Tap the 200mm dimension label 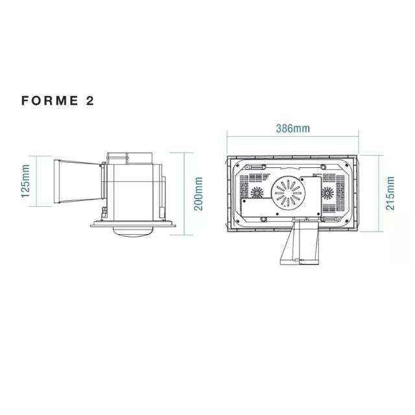pyautogui.click(x=198, y=193)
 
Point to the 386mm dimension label pyautogui.click(x=292, y=128)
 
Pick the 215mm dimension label pyautogui.click(x=389, y=193)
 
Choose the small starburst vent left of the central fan pyautogui.click(x=257, y=193)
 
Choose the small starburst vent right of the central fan pyautogui.click(x=327, y=193)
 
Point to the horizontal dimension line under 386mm pyautogui.click(x=292, y=137)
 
